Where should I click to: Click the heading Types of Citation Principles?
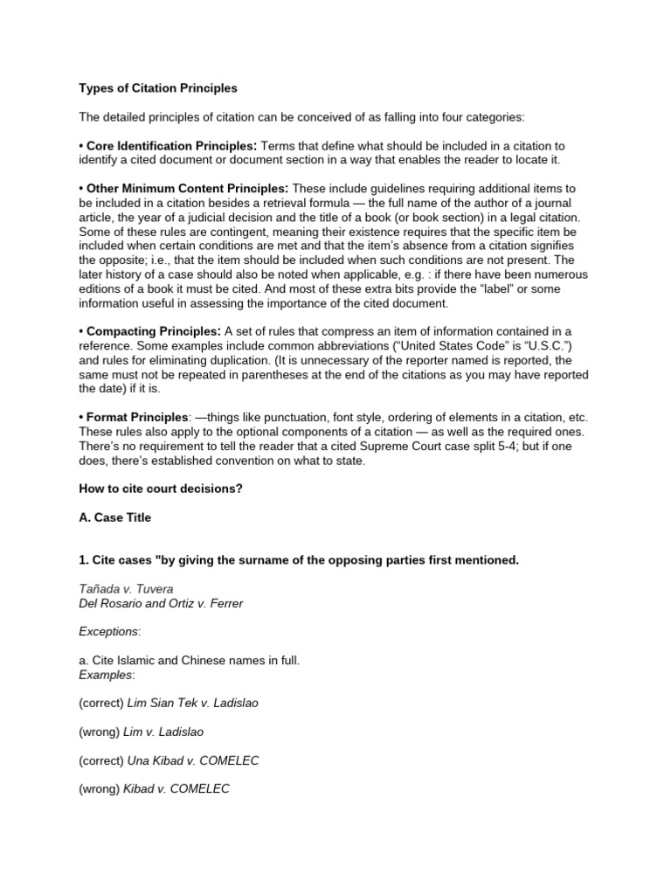tap(158, 88)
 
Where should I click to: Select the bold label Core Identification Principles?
tap(170, 145)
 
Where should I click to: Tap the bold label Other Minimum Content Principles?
tap(187, 188)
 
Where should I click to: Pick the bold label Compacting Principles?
tap(152, 330)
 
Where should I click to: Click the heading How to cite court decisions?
tap(161, 489)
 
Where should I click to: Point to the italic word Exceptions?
tap(107, 631)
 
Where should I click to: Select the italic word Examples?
tap(106, 674)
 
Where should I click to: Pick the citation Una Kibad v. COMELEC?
tap(193, 760)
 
